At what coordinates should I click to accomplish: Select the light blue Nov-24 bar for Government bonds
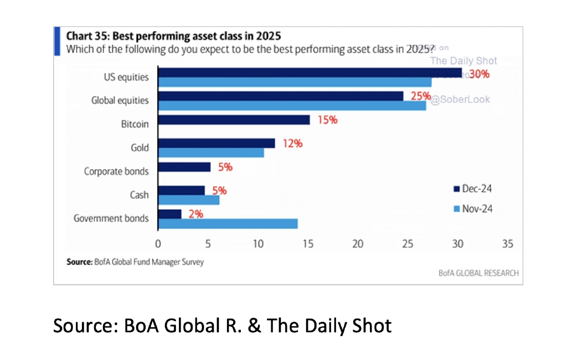coord(228,223)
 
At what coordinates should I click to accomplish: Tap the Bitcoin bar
coord(234,120)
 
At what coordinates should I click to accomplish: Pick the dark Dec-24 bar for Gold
coord(216,143)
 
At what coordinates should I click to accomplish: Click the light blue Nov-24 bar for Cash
coord(188,200)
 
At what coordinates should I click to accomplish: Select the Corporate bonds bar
coord(184,167)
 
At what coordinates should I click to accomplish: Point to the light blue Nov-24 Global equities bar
coord(292,105)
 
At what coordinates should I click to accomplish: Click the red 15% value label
coord(327,120)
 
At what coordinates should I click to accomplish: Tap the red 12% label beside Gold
coord(292,143)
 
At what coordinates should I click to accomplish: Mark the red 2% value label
coord(195,214)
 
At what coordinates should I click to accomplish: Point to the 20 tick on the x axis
coord(358,244)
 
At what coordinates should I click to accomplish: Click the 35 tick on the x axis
coord(507,244)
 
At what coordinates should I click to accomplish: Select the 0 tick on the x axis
coord(158,244)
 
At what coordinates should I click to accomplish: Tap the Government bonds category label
coord(111,218)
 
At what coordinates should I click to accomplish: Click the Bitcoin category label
coord(135,124)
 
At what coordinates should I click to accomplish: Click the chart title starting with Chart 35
coord(173,37)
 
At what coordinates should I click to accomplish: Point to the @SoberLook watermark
coord(461,100)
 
